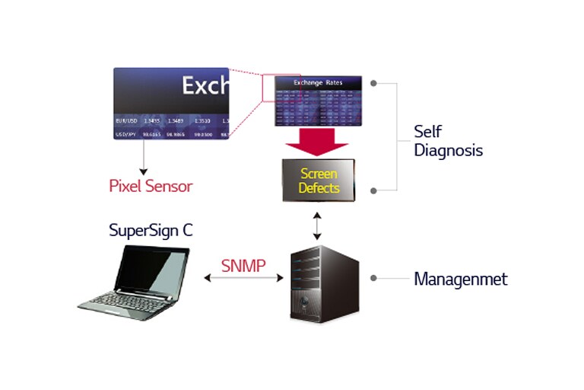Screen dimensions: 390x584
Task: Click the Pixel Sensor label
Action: click(x=151, y=185)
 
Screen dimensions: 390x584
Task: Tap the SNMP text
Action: click(x=244, y=266)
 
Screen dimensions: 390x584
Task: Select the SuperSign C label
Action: click(x=151, y=230)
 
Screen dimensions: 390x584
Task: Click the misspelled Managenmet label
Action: click(x=460, y=279)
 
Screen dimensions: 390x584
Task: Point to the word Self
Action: click(x=427, y=131)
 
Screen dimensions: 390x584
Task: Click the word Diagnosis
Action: click(x=448, y=150)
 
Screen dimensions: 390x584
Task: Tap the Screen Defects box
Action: click(x=319, y=181)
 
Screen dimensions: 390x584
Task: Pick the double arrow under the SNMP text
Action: click(x=243, y=279)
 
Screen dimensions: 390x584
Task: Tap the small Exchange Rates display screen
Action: click(x=319, y=100)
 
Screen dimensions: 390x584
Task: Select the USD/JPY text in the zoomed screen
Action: click(x=125, y=133)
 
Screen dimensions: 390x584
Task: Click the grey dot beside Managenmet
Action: click(x=373, y=278)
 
